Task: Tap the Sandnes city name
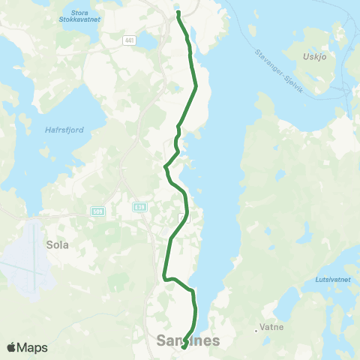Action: (x=189, y=341)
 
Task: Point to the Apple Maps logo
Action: (x=27, y=347)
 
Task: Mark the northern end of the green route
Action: (x=178, y=13)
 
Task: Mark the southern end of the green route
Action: (x=184, y=347)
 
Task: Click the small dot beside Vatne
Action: (x=257, y=328)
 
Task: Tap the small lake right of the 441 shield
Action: (x=148, y=41)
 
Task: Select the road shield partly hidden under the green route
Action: (x=183, y=218)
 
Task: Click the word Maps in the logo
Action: (x=33, y=347)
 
